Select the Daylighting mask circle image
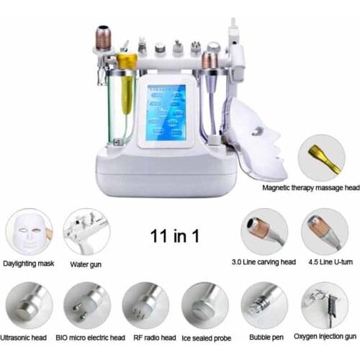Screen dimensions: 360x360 click(x=30, y=232)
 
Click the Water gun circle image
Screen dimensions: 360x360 click(x=86, y=232)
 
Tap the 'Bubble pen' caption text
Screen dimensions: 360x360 click(x=264, y=336)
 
